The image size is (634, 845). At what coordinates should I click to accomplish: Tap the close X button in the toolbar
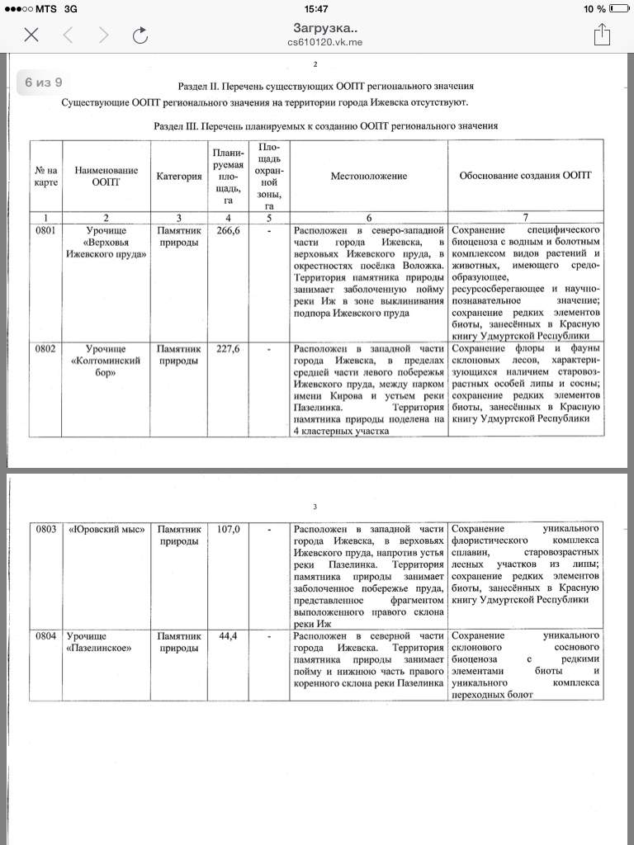point(31,34)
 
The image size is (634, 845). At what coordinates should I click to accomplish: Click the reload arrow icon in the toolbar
point(140,34)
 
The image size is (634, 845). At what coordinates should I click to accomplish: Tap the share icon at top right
point(602,34)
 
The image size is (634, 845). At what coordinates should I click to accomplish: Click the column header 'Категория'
point(179,176)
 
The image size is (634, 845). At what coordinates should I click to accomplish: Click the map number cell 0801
point(45,231)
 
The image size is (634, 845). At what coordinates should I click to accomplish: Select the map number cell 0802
point(45,349)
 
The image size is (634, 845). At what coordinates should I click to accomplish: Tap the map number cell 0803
point(45,529)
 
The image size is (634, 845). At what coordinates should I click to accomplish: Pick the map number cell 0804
point(45,636)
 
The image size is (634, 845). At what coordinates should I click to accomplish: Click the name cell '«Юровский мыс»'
point(106,529)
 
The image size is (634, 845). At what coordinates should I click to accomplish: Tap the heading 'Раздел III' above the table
point(326,125)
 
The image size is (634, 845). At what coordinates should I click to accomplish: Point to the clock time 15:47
point(316,9)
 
